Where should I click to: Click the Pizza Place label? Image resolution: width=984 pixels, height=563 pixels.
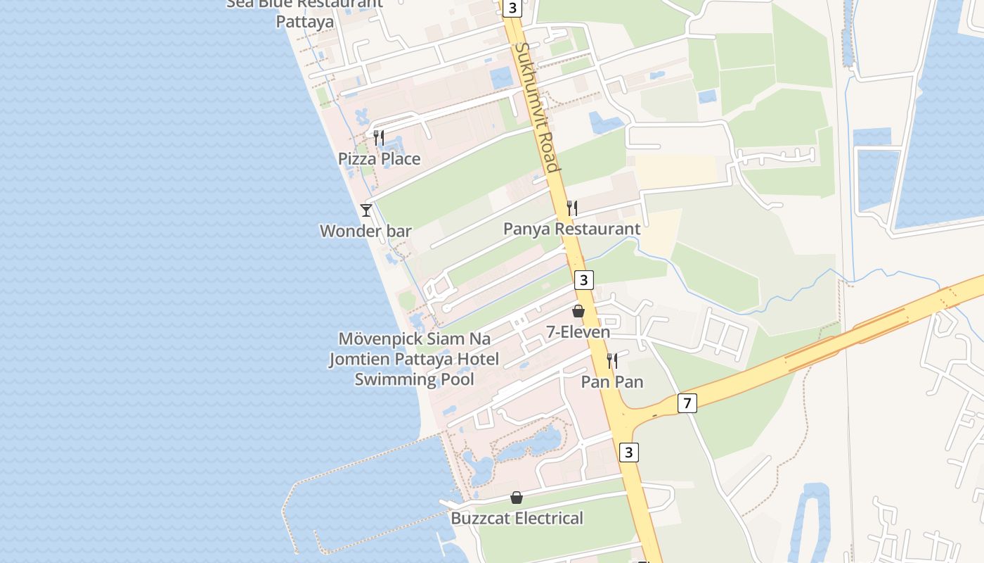(x=379, y=159)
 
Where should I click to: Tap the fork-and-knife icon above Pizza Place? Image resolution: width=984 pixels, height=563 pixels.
(x=379, y=137)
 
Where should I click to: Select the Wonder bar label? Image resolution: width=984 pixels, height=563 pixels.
(x=365, y=231)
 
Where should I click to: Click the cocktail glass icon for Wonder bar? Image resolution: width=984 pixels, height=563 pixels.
(x=366, y=210)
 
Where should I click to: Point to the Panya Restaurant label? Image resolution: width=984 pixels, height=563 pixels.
(x=571, y=229)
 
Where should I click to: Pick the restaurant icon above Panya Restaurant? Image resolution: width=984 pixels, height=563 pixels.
(x=572, y=208)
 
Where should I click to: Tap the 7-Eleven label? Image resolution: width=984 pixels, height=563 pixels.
(x=578, y=331)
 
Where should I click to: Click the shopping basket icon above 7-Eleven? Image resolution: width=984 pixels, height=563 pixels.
(x=578, y=310)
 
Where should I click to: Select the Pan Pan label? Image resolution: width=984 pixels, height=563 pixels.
(x=611, y=382)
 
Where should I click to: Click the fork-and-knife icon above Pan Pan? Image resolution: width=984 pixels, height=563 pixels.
(x=612, y=361)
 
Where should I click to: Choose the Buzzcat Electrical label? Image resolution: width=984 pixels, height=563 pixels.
(x=517, y=519)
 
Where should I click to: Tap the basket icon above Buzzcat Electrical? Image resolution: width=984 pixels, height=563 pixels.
(x=517, y=498)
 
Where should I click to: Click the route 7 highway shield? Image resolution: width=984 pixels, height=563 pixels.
(x=687, y=403)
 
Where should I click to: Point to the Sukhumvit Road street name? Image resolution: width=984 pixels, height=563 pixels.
(x=537, y=107)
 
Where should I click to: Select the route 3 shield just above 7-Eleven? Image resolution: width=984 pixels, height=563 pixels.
(x=583, y=280)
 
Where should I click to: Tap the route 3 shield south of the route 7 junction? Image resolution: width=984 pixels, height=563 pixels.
(x=629, y=452)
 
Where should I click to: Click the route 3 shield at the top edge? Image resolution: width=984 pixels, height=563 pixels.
(x=512, y=8)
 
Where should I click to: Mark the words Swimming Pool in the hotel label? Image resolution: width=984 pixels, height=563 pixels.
(x=414, y=379)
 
